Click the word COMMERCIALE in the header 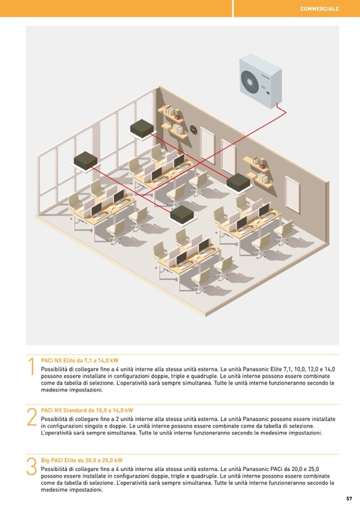[320, 9]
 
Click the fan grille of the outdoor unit [250, 80]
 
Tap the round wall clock [193, 130]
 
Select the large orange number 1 [31, 367]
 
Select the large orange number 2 [32, 417]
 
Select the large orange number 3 [31, 467]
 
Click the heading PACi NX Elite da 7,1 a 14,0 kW [80, 360]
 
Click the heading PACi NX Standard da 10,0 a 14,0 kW [87, 410]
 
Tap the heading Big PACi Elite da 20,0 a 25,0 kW [82, 460]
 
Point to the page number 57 [349, 498]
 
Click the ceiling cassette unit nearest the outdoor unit [238, 183]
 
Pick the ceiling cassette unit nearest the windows [85, 161]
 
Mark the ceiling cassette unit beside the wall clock [142, 129]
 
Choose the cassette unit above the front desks [183, 215]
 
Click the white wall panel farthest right [292, 195]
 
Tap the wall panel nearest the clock [207, 145]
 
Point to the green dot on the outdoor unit [268, 93]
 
